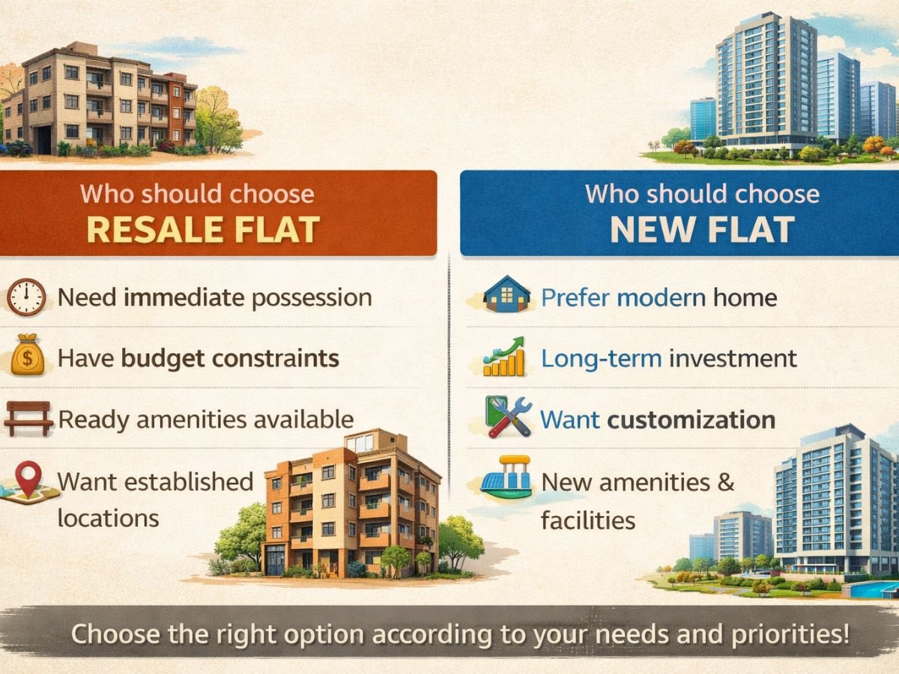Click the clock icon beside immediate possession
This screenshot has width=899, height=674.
pos(26,297)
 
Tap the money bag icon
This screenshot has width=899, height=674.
pos(28,355)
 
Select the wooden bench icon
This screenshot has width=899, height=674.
pos(28,418)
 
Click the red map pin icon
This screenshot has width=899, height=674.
pos(28,479)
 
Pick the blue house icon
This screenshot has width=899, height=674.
pos(506,294)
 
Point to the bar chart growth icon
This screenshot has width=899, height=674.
pos(503,356)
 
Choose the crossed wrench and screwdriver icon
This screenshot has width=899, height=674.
pos(508,416)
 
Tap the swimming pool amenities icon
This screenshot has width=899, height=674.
pos(506,477)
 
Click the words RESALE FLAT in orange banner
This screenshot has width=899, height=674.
pos(203,230)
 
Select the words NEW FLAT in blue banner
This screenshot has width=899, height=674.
pos(703,230)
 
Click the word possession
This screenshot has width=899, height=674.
pos(312,298)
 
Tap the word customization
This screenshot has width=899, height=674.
pos(691,420)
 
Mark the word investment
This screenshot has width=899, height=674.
pos(733,359)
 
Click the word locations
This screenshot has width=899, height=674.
pos(108,518)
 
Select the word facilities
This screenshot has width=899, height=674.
pos(588,520)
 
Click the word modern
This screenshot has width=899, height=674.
pos(662,297)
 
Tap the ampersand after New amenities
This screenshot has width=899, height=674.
pos(726,482)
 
